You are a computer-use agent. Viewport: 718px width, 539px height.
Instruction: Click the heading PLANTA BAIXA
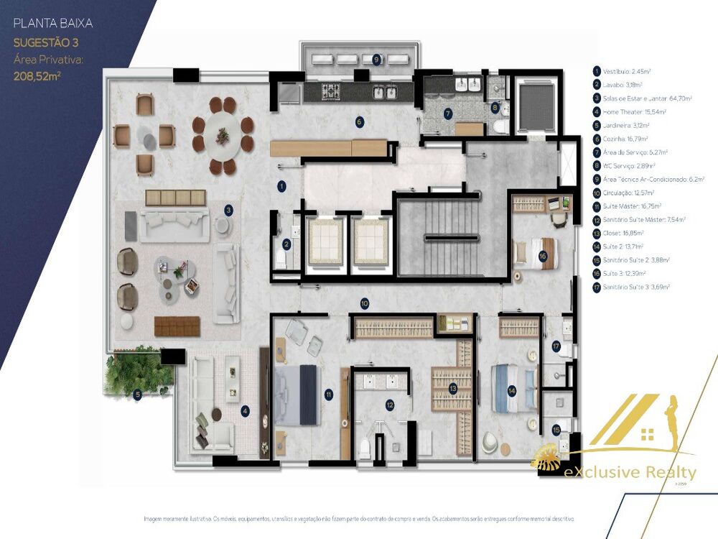tap(53, 24)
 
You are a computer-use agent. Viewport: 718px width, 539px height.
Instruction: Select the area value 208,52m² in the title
tap(37, 73)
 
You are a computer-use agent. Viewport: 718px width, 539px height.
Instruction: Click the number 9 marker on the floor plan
tap(376, 59)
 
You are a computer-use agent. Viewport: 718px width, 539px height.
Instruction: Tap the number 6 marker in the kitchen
tap(359, 121)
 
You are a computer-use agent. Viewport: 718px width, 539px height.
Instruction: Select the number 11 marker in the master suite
tap(328, 394)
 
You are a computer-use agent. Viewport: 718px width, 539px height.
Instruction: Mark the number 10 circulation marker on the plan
tap(365, 304)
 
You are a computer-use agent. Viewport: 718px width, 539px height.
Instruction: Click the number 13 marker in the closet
tap(453, 388)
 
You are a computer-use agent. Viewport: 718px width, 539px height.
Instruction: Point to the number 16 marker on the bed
tap(544, 255)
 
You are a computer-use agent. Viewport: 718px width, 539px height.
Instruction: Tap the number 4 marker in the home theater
tap(246, 411)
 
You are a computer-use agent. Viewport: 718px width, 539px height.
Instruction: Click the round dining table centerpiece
tap(223, 134)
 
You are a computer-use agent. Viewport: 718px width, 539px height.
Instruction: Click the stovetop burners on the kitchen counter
tap(331, 92)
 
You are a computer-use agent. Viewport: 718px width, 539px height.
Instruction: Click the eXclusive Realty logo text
tap(640, 472)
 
